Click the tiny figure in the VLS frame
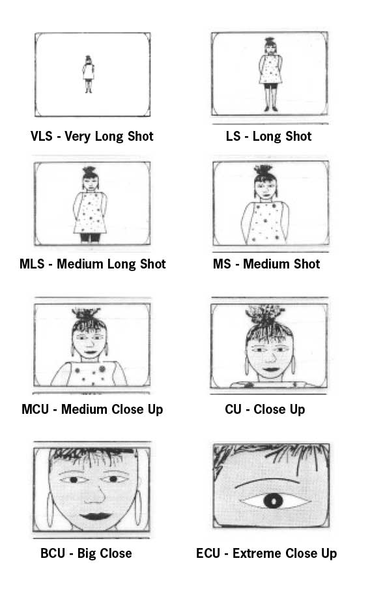tap(89, 74)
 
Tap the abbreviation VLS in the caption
tap(41, 136)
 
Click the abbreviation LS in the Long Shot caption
tap(233, 136)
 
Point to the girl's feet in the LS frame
tap(271, 109)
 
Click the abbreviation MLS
tap(32, 264)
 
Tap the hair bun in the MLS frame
tap(90, 171)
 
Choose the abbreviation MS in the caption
tap(222, 264)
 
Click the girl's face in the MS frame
tap(266, 189)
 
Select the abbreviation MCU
tap(35, 409)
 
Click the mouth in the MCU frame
tap(91, 352)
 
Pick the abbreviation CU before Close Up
tap(233, 409)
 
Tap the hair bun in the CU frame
tap(264, 313)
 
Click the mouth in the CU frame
tap(271, 369)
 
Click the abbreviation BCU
tap(53, 553)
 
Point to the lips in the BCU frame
tap(96, 516)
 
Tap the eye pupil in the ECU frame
tap(274, 501)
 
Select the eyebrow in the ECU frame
tap(267, 483)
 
